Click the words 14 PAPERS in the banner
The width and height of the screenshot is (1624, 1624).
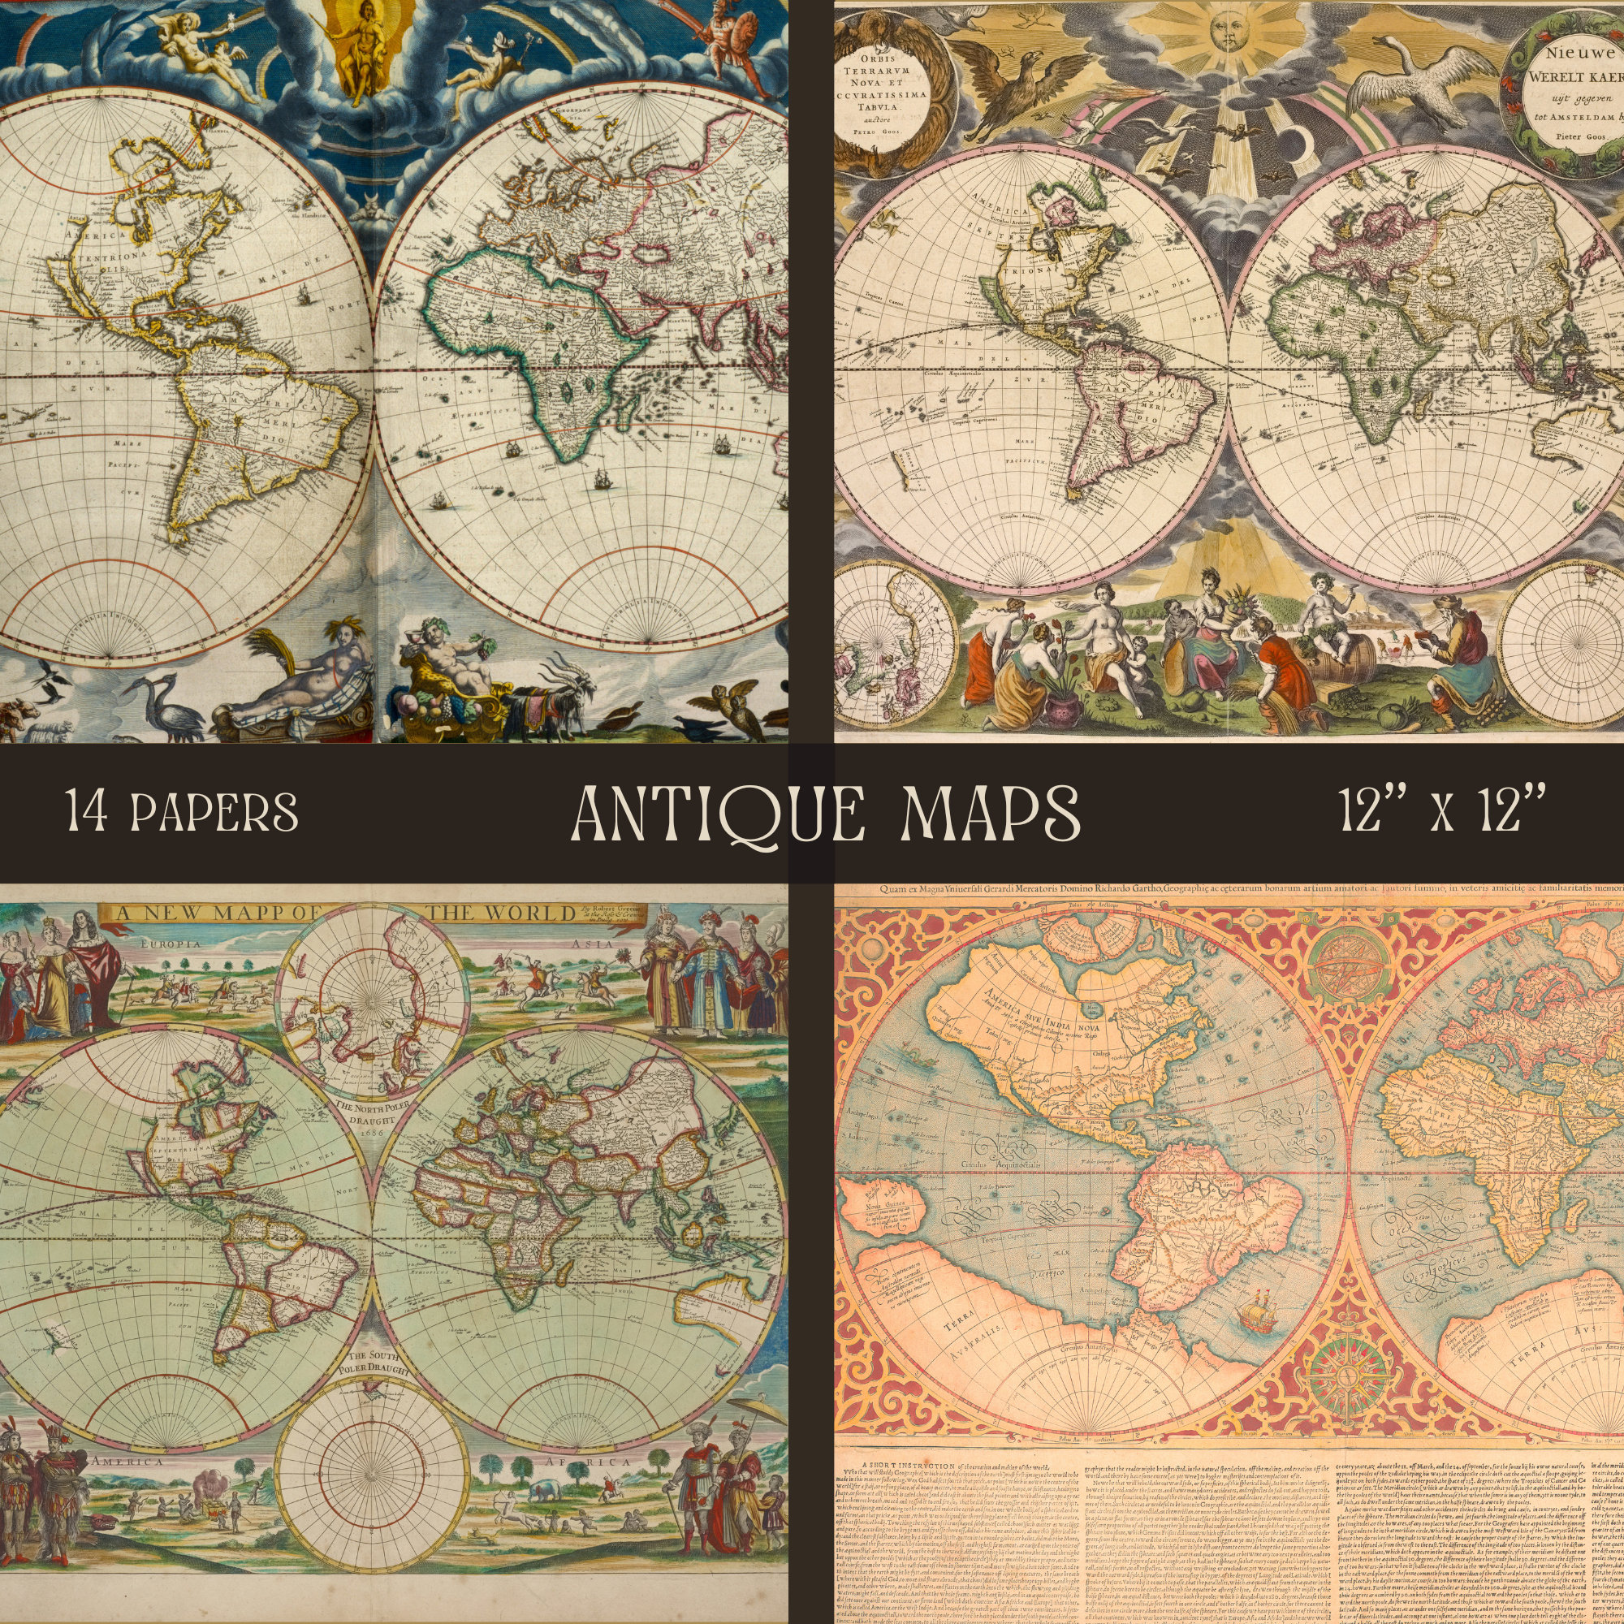point(183,812)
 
